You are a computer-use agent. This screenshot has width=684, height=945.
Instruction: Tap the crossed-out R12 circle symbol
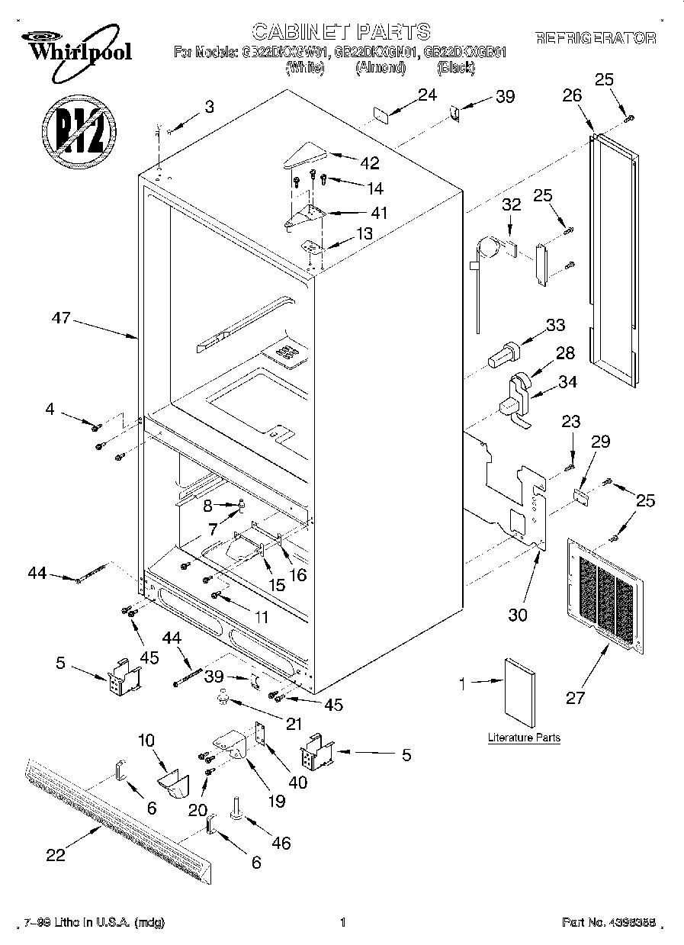point(79,125)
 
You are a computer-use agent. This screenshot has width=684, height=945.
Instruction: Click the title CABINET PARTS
point(341,31)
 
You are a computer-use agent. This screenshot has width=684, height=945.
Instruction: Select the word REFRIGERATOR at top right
point(596,38)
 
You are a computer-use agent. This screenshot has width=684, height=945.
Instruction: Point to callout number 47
point(62,319)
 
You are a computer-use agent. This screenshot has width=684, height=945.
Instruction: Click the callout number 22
point(56,856)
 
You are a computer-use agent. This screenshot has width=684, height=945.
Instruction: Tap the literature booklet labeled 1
point(519,693)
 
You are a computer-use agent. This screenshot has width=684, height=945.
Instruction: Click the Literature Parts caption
point(524,738)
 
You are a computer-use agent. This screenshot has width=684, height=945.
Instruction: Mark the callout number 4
point(50,410)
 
